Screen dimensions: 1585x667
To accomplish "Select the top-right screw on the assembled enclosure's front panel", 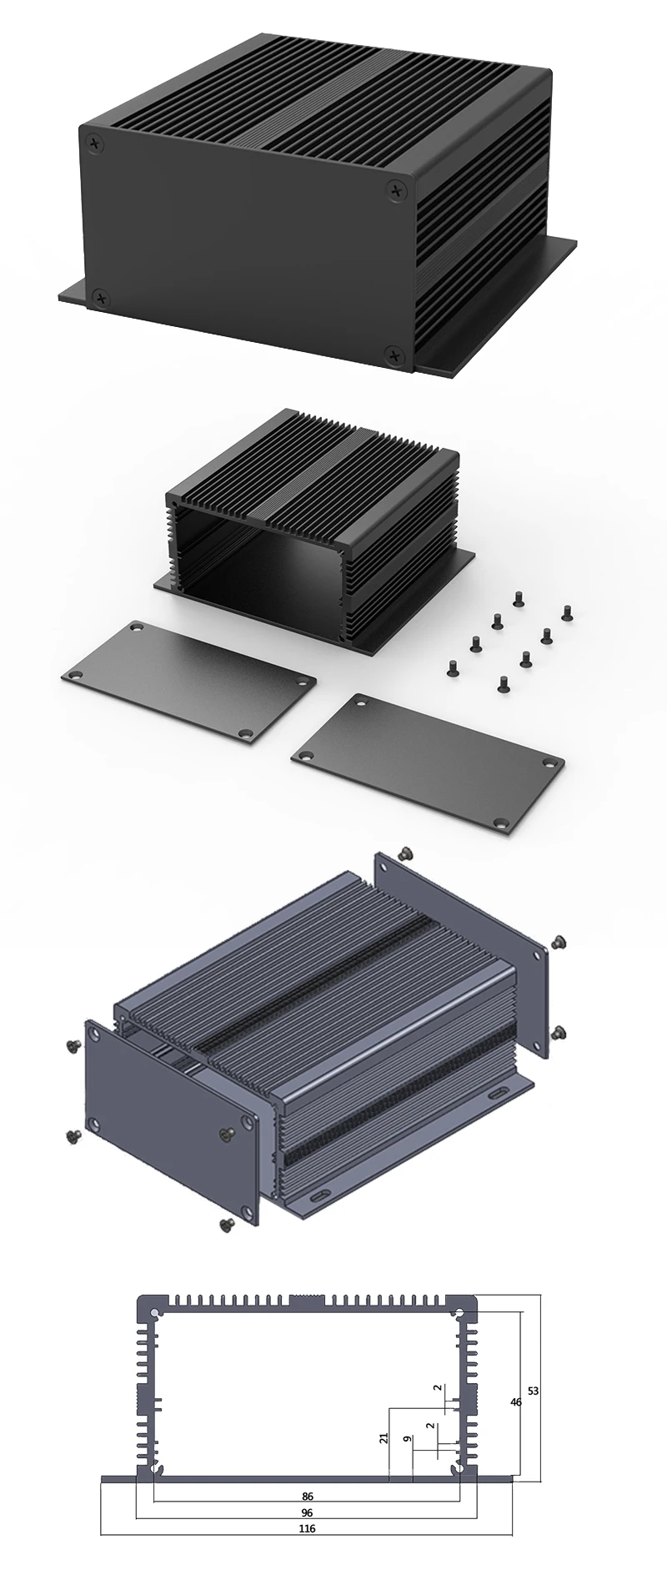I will pos(395,192).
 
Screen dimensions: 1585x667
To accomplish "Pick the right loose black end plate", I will pos(427,761).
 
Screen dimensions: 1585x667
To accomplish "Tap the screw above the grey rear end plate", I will pos(407,853).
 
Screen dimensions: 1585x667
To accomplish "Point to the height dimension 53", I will pos(534,1391).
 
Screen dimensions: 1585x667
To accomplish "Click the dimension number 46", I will pos(516,1402).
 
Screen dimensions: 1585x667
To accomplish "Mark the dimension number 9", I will pos(406,1439).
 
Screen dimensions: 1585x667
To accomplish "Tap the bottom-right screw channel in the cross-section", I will pos(458,1468).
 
